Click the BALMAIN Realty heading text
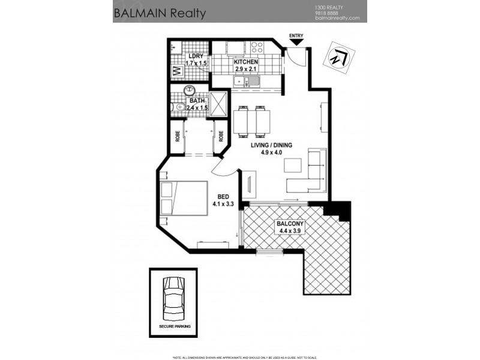pos(160,13)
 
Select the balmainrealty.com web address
pos(337,18)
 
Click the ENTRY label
pos(296,36)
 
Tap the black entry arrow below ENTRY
pos(296,43)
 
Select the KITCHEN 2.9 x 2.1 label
pos(246,65)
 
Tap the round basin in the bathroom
pos(188,91)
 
